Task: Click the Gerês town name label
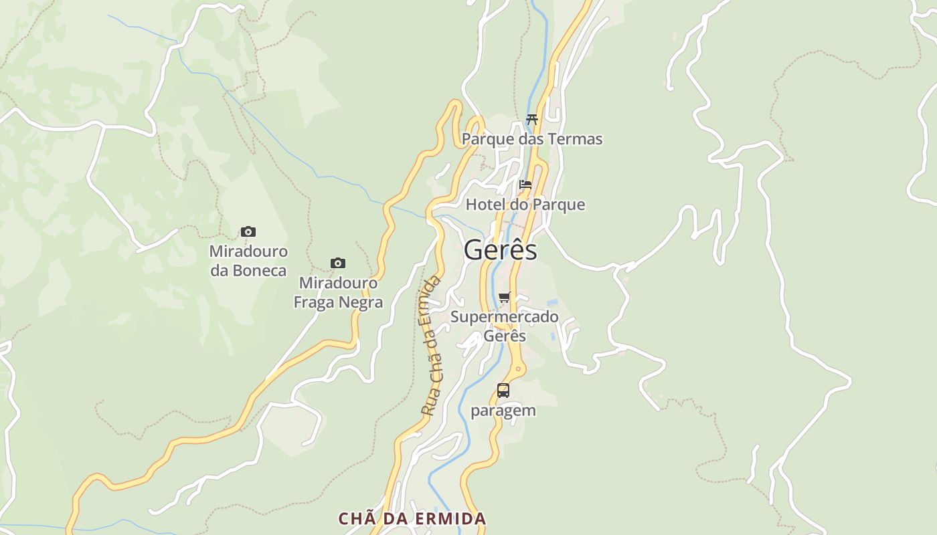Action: pyautogui.click(x=500, y=250)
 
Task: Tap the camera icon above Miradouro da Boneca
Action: pyautogui.click(x=248, y=232)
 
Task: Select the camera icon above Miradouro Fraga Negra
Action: pyautogui.click(x=338, y=263)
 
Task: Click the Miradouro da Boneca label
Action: pyautogui.click(x=248, y=261)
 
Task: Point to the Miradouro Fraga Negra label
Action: pyautogui.click(x=338, y=292)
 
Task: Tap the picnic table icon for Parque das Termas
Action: pyautogui.click(x=532, y=120)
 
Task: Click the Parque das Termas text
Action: pyautogui.click(x=532, y=139)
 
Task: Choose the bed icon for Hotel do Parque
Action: pyautogui.click(x=525, y=185)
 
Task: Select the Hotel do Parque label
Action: pyautogui.click(x=525, y=205)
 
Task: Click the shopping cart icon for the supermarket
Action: pyautogui.click(x=505, y=297)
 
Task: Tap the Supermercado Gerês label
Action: pyautogui.click(x=505, y=326)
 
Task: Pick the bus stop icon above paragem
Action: pyautogui.click(x=503, y=391)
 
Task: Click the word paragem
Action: pyautogui.click(x=503, y=410)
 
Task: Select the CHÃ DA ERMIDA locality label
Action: pyautogui.click(x=412, y=519)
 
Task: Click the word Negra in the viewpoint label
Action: pyautogui.click(x=361, y=302)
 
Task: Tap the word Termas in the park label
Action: pyautogui.click(x=575, y=139)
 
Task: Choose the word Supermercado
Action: pyautogui.click(x=505, y=316)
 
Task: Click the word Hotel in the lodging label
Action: pyautogui.click(x=485, y=205)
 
